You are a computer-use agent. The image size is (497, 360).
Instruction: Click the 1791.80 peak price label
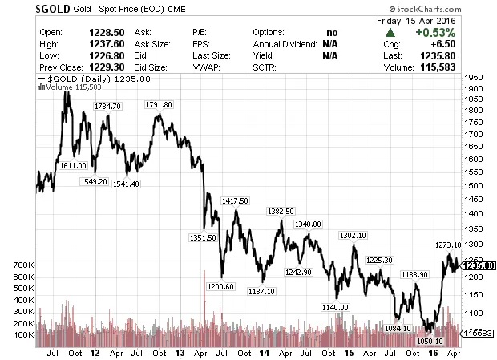pos(160,106)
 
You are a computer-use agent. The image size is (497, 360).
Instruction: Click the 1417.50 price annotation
pos(236,200)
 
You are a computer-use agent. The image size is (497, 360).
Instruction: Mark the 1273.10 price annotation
pos(447,245)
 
